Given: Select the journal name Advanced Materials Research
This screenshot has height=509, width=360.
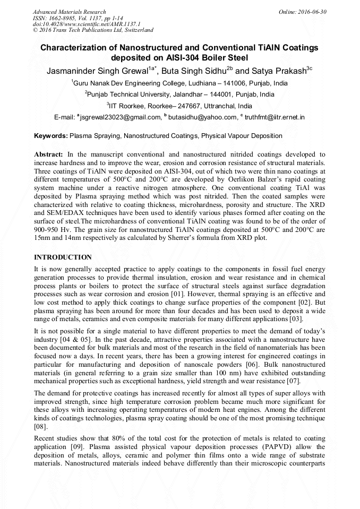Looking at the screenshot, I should click(x=69, y=12).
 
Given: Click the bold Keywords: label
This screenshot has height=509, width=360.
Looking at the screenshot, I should click(x=51, y=136).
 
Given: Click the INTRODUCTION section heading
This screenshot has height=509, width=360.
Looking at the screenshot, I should click(x=63, y=257).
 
